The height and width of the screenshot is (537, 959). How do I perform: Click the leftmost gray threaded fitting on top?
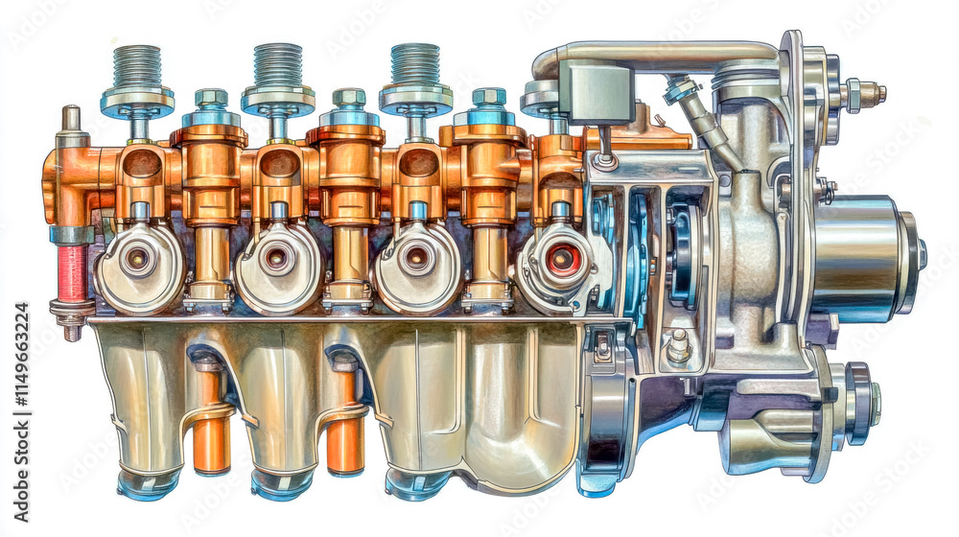point(137,67)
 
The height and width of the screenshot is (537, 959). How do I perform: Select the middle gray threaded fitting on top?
point(277,65)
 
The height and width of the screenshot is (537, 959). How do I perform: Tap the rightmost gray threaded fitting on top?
point(415,64)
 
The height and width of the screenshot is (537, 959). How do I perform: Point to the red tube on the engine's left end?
point(72,273)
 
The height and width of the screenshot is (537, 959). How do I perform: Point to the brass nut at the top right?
point(867,94)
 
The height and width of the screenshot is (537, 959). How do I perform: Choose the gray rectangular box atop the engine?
point(597,92)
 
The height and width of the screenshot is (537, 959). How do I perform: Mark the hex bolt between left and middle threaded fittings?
point(210,98)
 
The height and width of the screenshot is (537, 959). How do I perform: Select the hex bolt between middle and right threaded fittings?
point(349,98)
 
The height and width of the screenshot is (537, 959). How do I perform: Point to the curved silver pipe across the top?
point(662,54)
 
